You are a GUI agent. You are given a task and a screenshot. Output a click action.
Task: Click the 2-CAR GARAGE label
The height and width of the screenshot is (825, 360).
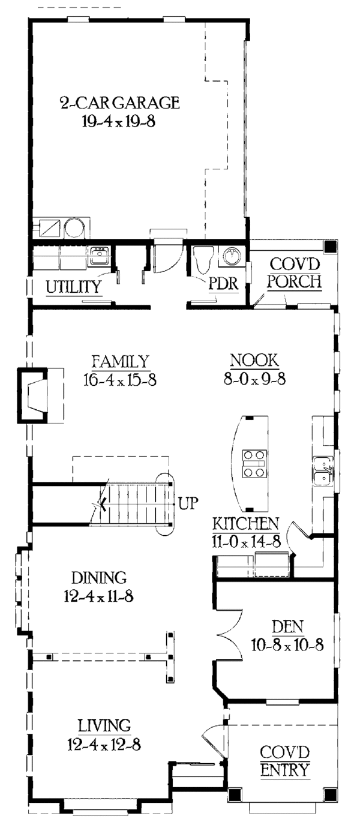coord(119,102)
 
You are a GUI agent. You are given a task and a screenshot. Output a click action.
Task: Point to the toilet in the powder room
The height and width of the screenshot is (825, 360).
coord(203,260)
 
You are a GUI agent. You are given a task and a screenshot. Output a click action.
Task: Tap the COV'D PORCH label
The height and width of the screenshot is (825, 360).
coord(294,272)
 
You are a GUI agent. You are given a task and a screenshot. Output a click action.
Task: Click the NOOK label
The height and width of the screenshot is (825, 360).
coord(254,361)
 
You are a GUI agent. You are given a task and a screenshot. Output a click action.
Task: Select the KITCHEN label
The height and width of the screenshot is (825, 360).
coord(246,523)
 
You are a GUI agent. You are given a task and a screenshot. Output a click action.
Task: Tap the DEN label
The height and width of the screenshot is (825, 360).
coord(286,627)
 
